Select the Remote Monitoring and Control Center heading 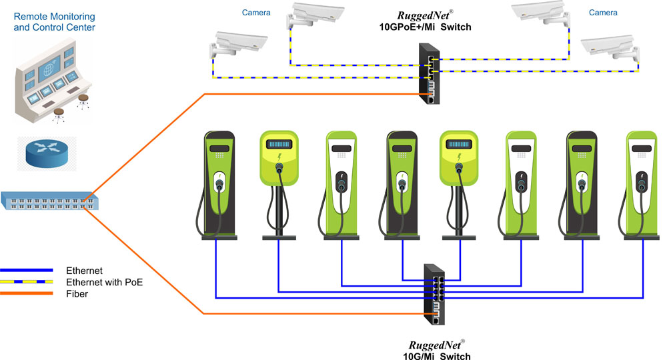coord(54,21)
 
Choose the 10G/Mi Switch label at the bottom coord(437,356)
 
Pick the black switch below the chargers coord(436,293)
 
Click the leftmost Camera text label coord(257,13)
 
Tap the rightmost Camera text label coord(603,13)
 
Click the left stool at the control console coord(59,115)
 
